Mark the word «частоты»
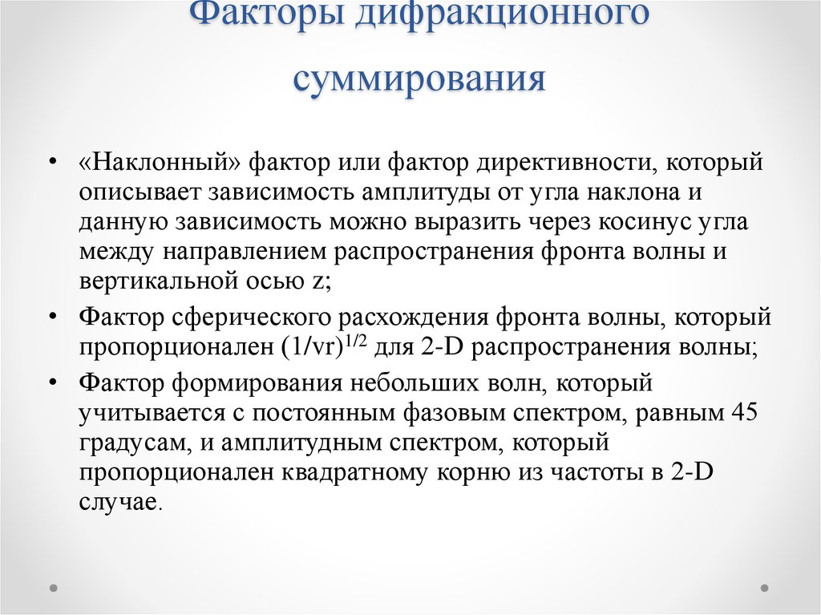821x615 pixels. (x=588, y=473)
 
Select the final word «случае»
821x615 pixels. (x=119, y=502)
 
